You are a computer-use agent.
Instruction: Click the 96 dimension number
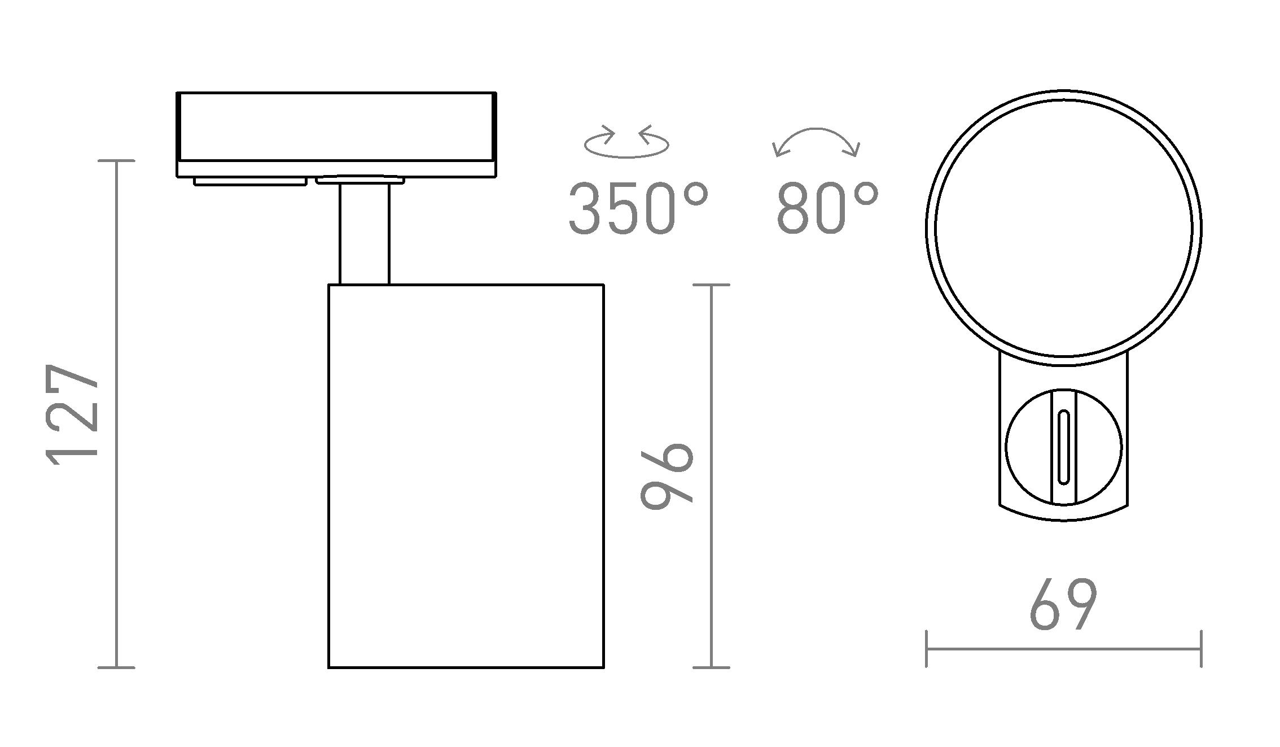[x=667, y=475]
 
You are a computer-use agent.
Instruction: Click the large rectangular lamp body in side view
[x=466, y=476]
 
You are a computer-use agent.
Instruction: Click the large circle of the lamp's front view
[x=1063, y=228]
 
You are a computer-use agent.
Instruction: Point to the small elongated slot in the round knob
[x=1063, y=447]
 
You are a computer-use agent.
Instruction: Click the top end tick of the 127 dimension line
[x=117, y=161]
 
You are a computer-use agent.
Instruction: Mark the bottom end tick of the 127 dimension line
[x=117, y=668]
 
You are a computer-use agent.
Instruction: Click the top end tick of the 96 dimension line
[x=711, y=285]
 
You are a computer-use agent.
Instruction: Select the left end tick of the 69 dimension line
[x=927, y=649]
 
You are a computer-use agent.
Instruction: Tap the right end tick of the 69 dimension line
[x=1201, y=649]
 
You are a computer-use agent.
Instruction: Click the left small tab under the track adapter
[x=250, y=181]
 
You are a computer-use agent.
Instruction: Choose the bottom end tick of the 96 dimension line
[x=711, y=668]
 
